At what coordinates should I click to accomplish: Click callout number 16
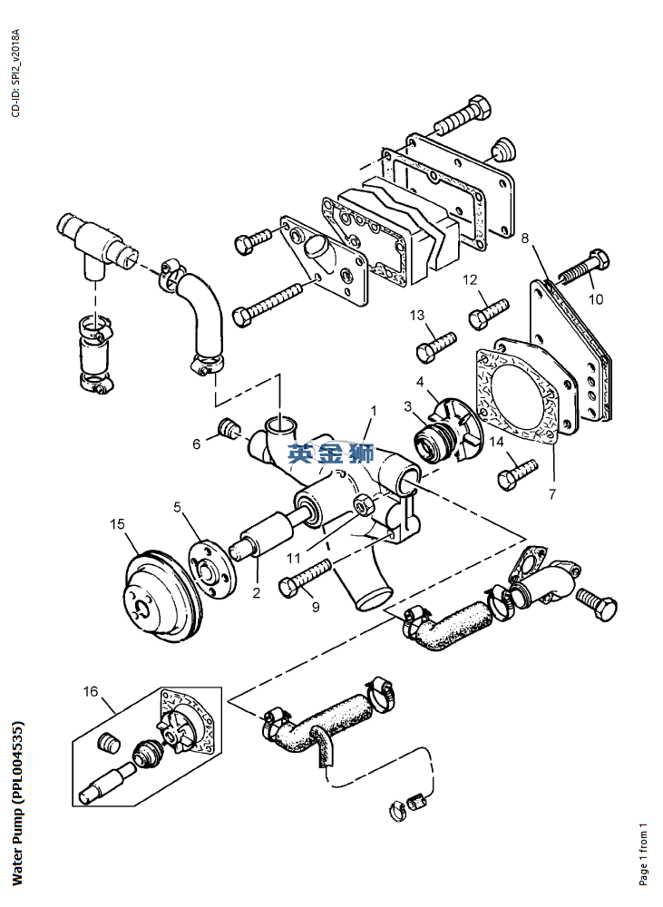coord(91,691)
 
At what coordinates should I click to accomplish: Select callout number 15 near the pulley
coord(117,523)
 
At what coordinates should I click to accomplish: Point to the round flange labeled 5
coord(212,571)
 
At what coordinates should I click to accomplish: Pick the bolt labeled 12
coord(489,314)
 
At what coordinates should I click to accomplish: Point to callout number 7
coord(552,494)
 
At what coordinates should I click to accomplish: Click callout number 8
coord(525,238)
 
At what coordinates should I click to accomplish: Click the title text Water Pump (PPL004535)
coord(17,803)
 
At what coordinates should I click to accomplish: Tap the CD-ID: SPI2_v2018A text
coord(15,73)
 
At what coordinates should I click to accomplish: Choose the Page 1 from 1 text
coord(643,853)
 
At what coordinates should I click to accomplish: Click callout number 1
coord(374,410)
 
